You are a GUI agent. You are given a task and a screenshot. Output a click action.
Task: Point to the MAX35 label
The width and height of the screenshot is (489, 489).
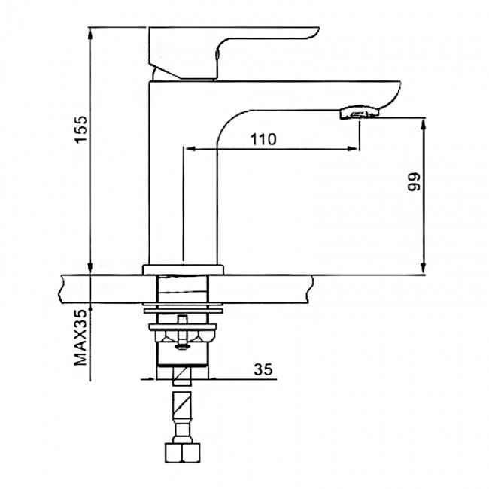click(x=80, y=337)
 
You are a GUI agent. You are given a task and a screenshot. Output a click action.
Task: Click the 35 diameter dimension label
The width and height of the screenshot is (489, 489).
click(x=263, y=369)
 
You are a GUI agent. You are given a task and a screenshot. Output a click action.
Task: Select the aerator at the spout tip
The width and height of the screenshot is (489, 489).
click(x=359, y=113)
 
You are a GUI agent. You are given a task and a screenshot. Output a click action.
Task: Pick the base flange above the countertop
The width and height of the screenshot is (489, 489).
click(x=184, y=269)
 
